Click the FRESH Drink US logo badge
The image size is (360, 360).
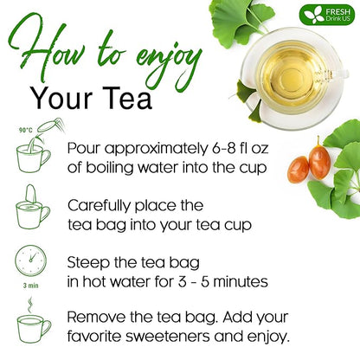point(327,15)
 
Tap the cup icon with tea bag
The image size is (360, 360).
point(33,208)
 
